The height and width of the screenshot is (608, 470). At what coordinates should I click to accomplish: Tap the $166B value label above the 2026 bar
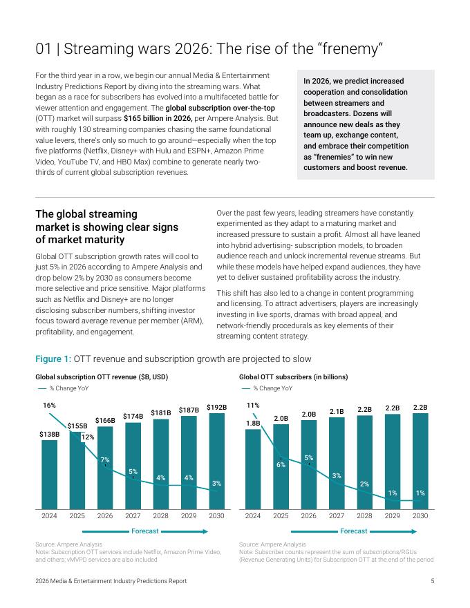click(x=105, y=420)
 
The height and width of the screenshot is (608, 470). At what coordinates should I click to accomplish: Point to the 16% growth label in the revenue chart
click(x=49, y=406)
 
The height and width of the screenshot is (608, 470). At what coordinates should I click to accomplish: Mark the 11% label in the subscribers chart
click(x=253, y=406)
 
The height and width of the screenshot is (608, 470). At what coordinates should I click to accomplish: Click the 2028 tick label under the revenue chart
click(x=160, y=516)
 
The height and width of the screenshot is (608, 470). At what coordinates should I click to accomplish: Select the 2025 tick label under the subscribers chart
click(x=281, y=516)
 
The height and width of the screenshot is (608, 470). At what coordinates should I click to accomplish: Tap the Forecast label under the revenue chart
click(x=145, y=531)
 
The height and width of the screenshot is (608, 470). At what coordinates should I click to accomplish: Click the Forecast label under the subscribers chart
click(x=354, y=531)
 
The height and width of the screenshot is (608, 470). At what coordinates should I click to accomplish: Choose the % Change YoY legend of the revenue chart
click(x=66, y=388)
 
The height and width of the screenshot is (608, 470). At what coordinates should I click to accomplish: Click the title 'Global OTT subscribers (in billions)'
click(x=293, y=377)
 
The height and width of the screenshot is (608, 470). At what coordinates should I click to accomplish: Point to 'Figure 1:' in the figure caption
click(x=53, y=359)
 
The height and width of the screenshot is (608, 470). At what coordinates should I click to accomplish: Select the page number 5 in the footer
click(x=432, y=582)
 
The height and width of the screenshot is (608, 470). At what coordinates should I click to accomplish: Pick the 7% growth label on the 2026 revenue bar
click(x=105, y=459)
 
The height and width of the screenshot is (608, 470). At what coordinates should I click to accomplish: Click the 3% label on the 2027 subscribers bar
click(x=337, y=475)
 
